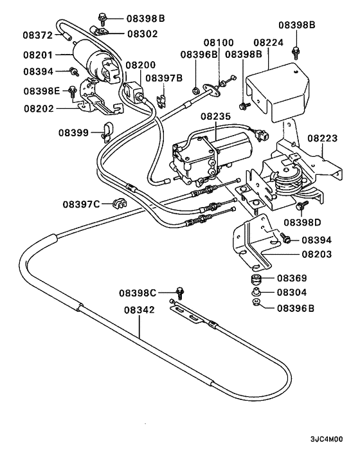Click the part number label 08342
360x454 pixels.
[x=139, y=310]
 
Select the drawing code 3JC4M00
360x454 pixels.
[x=327, y=439]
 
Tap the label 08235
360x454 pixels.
[x=216, y=116]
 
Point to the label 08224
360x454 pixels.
[x=268, y=42]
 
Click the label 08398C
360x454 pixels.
[x=138, y=293]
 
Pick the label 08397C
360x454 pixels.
[x=81, y=204]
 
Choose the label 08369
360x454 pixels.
[x=292, y=278]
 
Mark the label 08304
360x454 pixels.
[x=292, y=293]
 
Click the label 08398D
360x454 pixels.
[x=302, y=222]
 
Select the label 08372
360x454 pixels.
[x=38, y=35]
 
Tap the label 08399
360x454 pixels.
[x=73, y=133]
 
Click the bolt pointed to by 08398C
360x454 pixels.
[x=180, y=293]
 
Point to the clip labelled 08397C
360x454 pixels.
[x=119, y=203]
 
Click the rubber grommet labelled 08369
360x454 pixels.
[x=256, y=280]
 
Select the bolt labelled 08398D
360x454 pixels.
[x=300, y=206]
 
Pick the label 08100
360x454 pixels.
[x=219, y=42]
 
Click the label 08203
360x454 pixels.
[x=317, y=255]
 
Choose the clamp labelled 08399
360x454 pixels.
[x=107, y=132]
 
